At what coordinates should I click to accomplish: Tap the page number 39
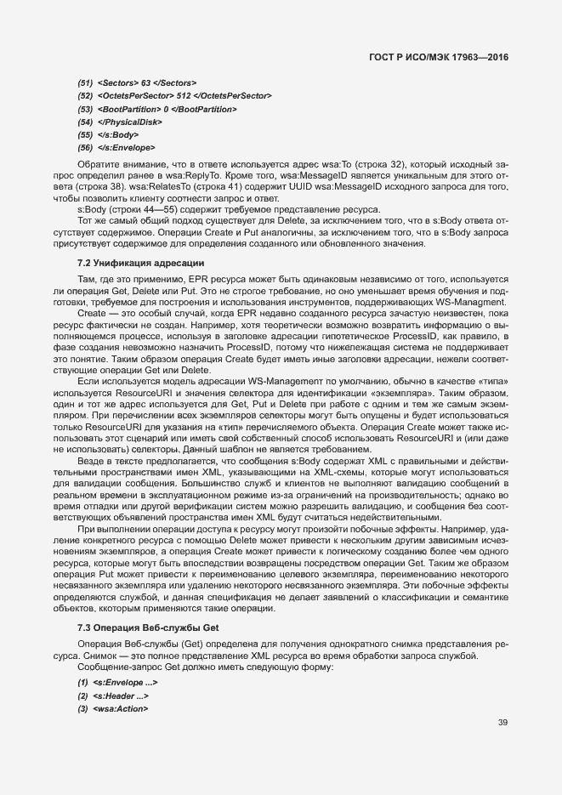point(502,723)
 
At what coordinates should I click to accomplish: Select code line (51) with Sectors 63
point(136,82)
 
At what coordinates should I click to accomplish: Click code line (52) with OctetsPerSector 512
point(174,95)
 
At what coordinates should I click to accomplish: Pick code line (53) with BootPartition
point(157,109)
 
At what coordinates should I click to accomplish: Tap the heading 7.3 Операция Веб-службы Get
point(148,627)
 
